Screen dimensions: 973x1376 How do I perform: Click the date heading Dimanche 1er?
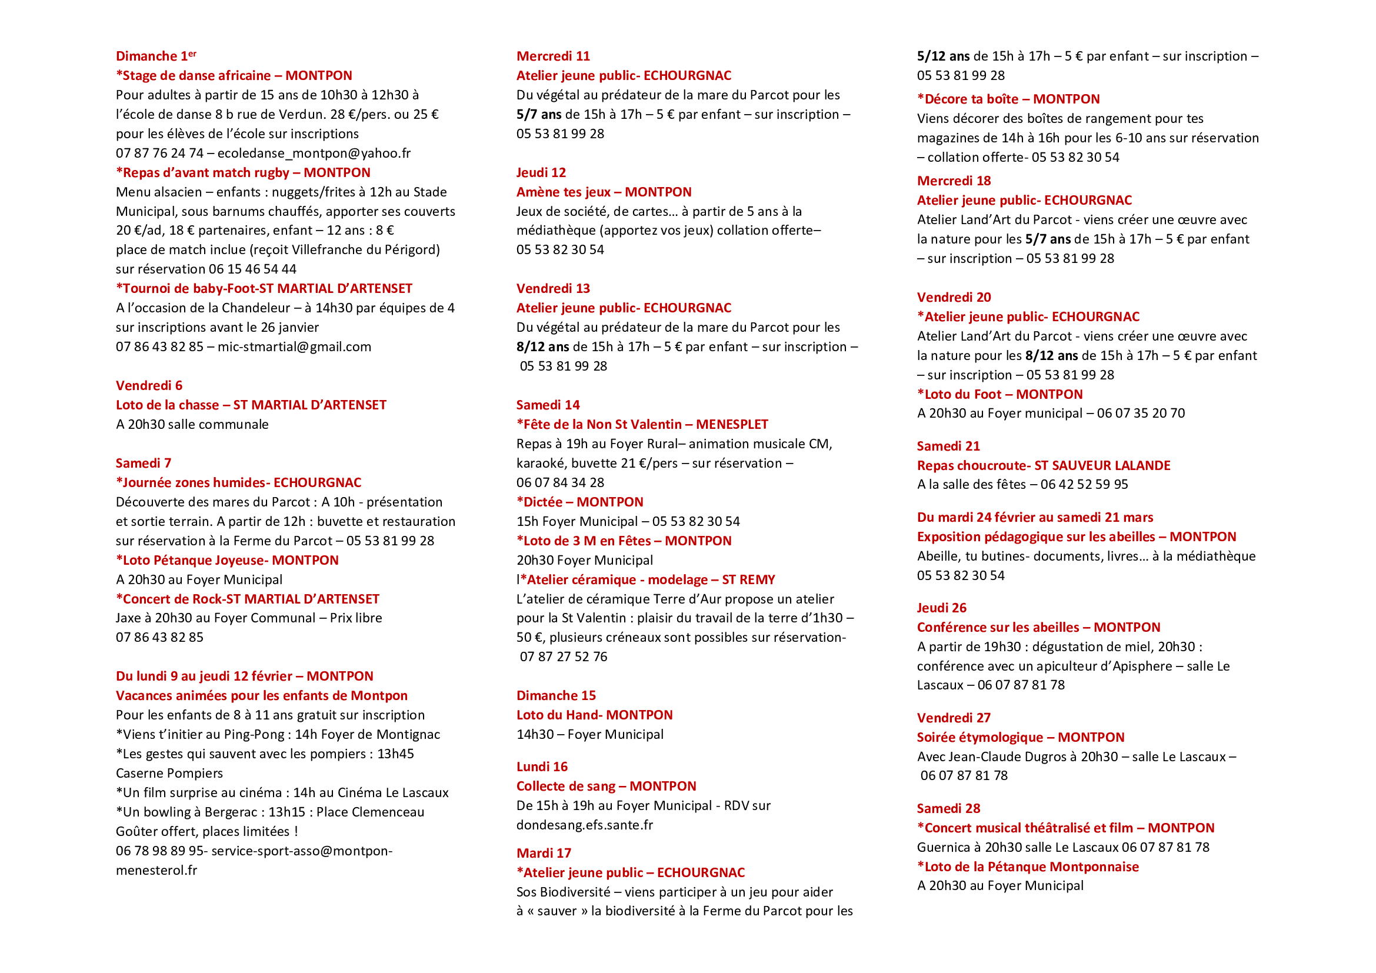(x=156, y=56)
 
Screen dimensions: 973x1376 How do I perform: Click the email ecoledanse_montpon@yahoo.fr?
(x=314, y=154)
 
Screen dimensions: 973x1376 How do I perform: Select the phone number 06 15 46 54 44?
(x=252, y=269)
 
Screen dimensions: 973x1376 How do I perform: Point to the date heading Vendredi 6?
(x=149, y=386)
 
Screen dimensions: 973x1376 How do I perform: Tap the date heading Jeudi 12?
(x=541, y=172)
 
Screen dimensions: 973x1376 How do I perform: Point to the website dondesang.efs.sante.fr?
(x=584, y=825)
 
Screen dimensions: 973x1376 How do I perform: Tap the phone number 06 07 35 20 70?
(x=1141, y=414)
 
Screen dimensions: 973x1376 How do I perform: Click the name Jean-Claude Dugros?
(x=995, y=757)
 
